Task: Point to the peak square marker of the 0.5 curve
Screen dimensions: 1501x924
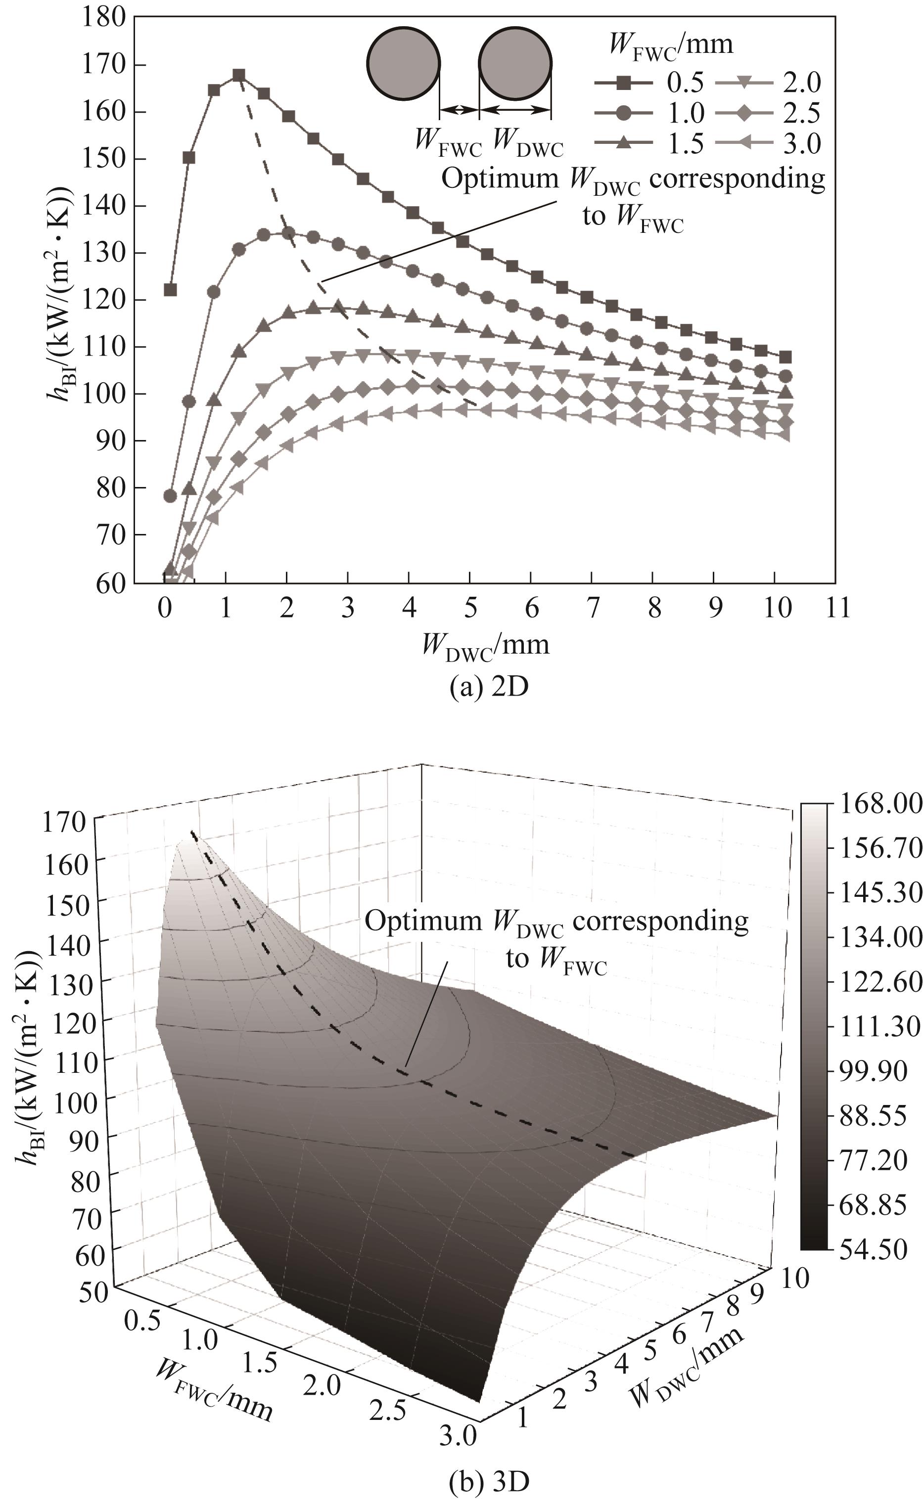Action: click(x=239, y=75)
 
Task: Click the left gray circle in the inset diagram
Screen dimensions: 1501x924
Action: click(x=403, y=63)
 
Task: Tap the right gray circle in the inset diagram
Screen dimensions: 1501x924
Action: click(x=515, y=63)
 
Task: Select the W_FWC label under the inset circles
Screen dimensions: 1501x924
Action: click(x=449, y=141)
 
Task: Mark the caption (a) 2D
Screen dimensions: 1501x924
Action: click(x=488, y=687)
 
